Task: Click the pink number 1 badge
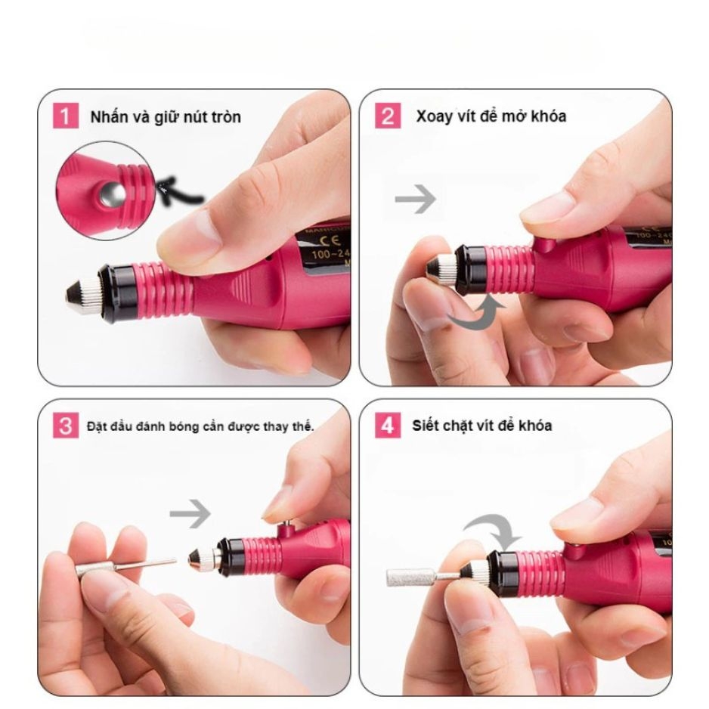pyautogui.click(x=66, y=116)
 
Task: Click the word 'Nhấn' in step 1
pyautogui.click(x=105, y=117)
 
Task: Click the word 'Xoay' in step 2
pyautogui.click(x=430, y=116)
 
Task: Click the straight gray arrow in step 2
pyautogui.click(x=416, y=200)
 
